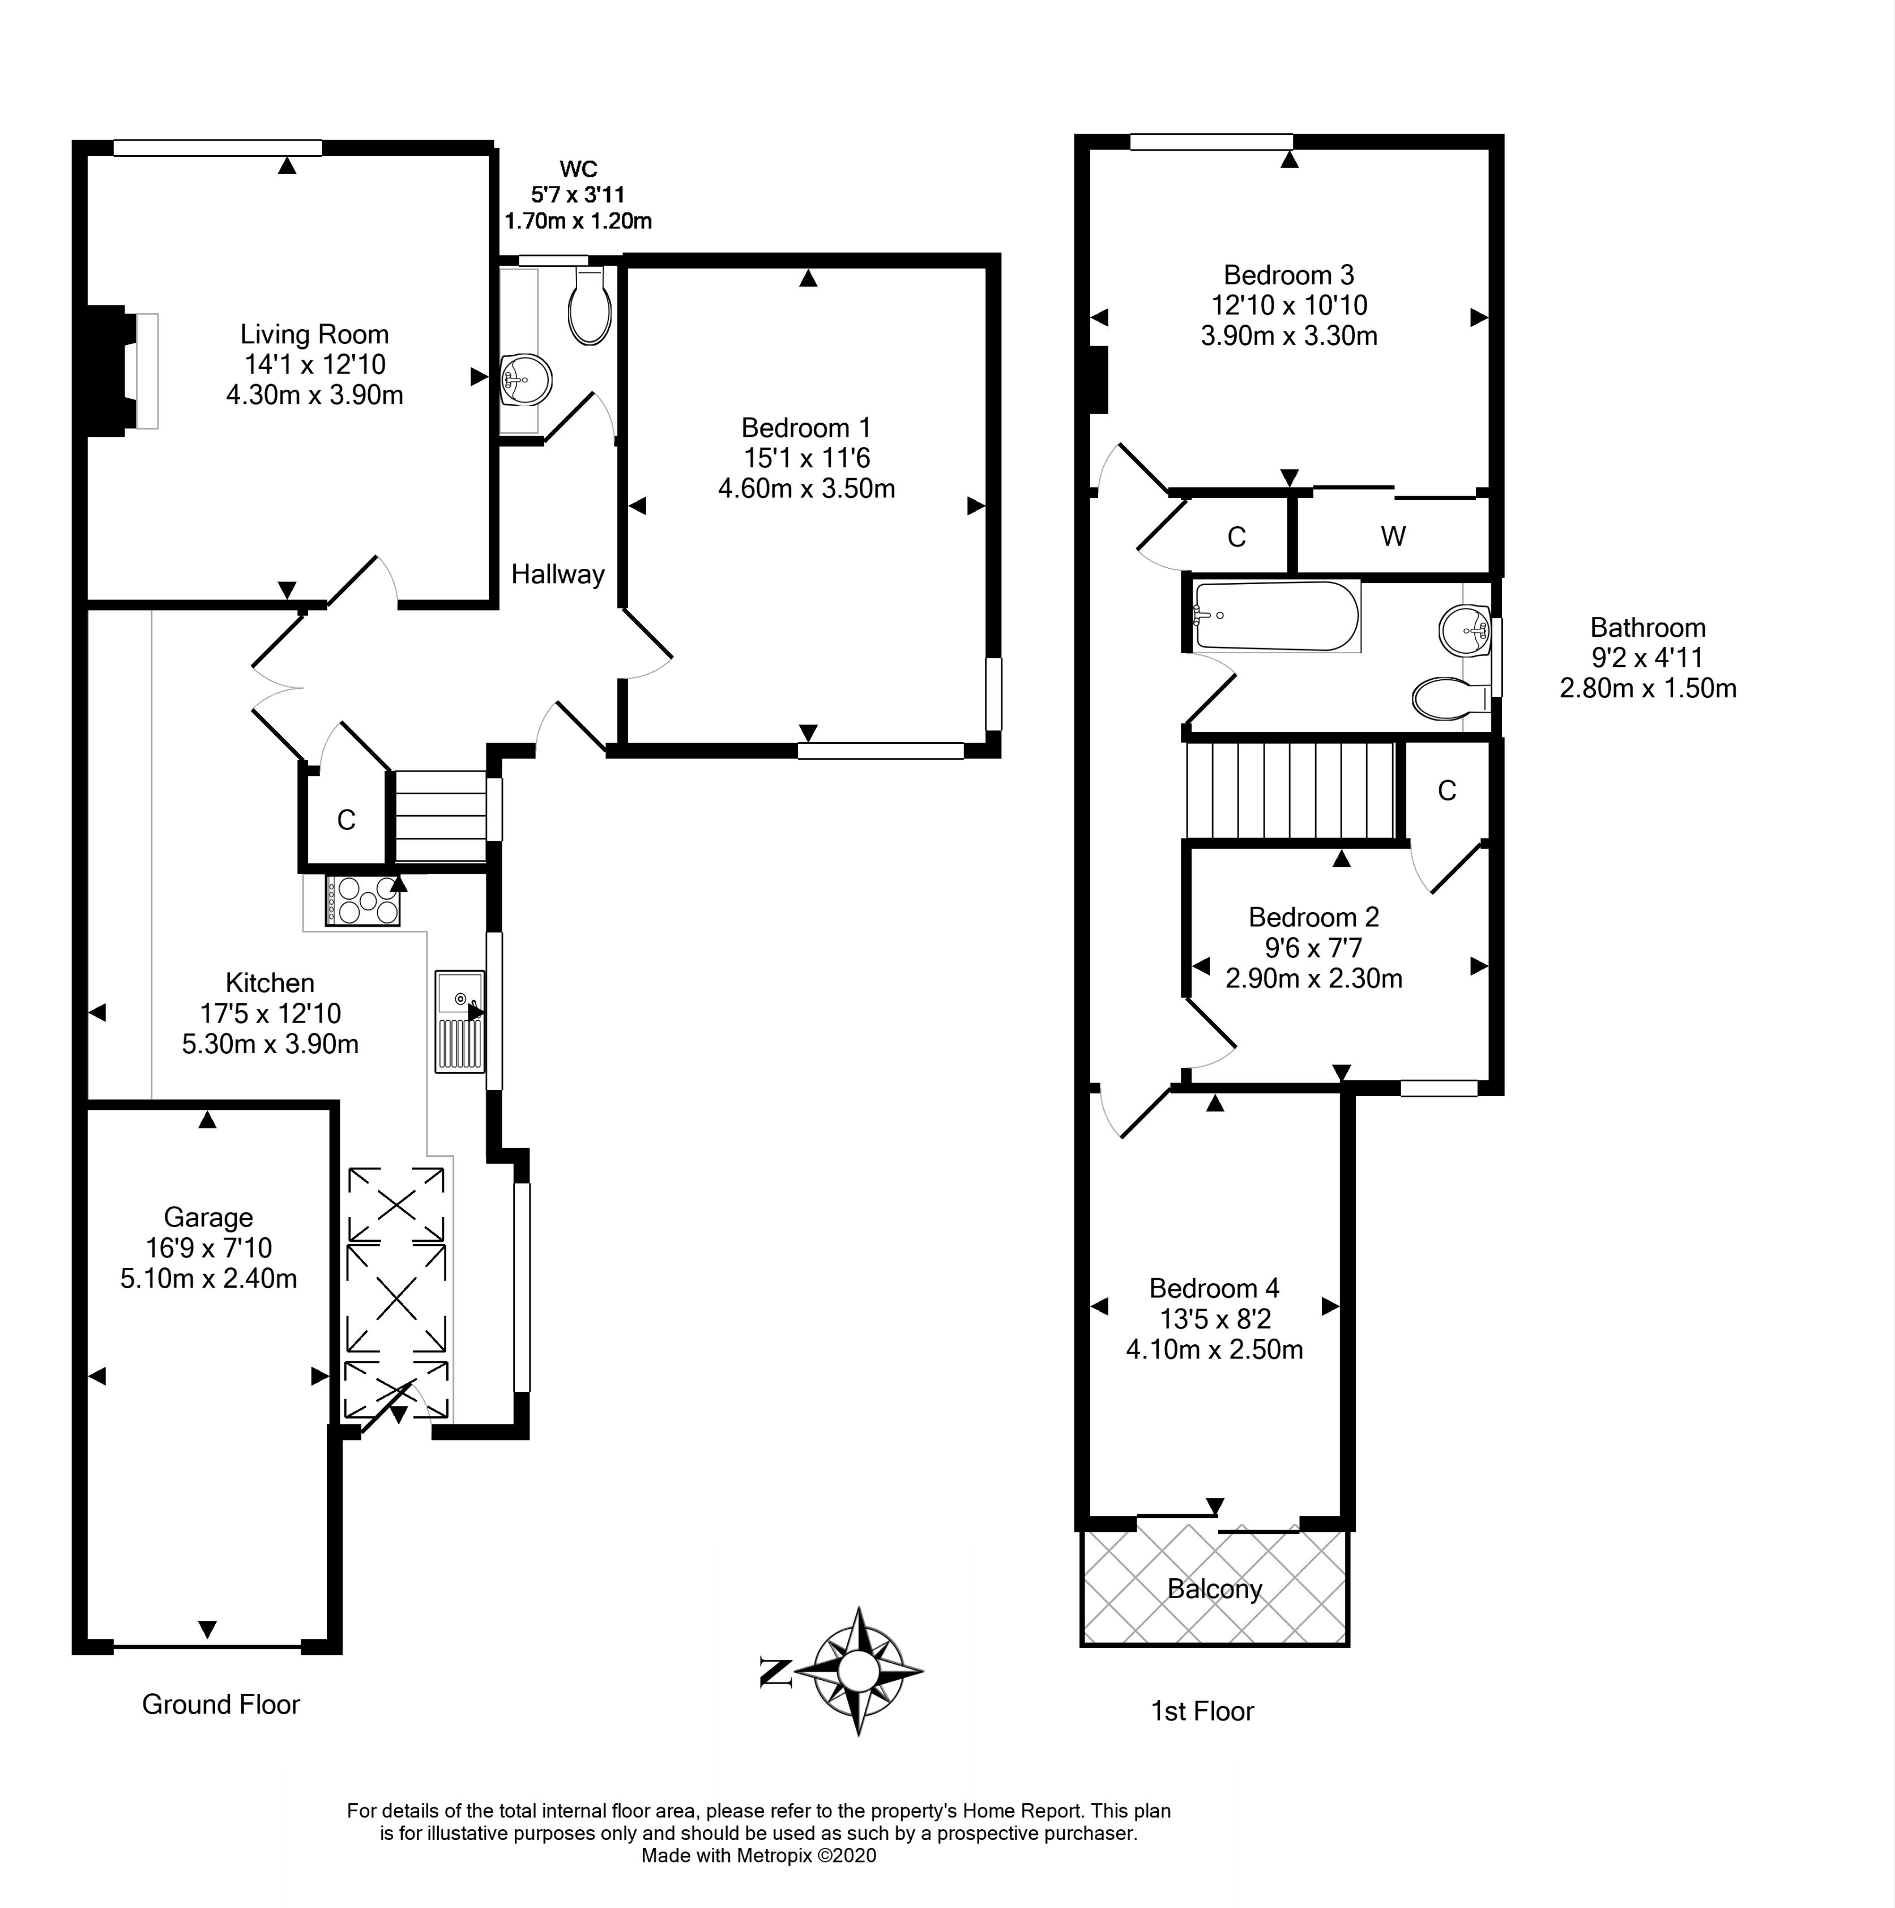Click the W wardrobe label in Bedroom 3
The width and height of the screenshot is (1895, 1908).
[x=1392, y=536]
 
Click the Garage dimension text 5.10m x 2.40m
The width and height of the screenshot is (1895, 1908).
[x=208, y=1279]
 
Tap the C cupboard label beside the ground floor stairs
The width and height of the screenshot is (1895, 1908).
[x=345, y=820]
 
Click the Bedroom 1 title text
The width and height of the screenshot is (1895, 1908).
[x=806, y=428]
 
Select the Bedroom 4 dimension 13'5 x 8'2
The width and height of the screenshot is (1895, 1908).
[x=1215, y=1318]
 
